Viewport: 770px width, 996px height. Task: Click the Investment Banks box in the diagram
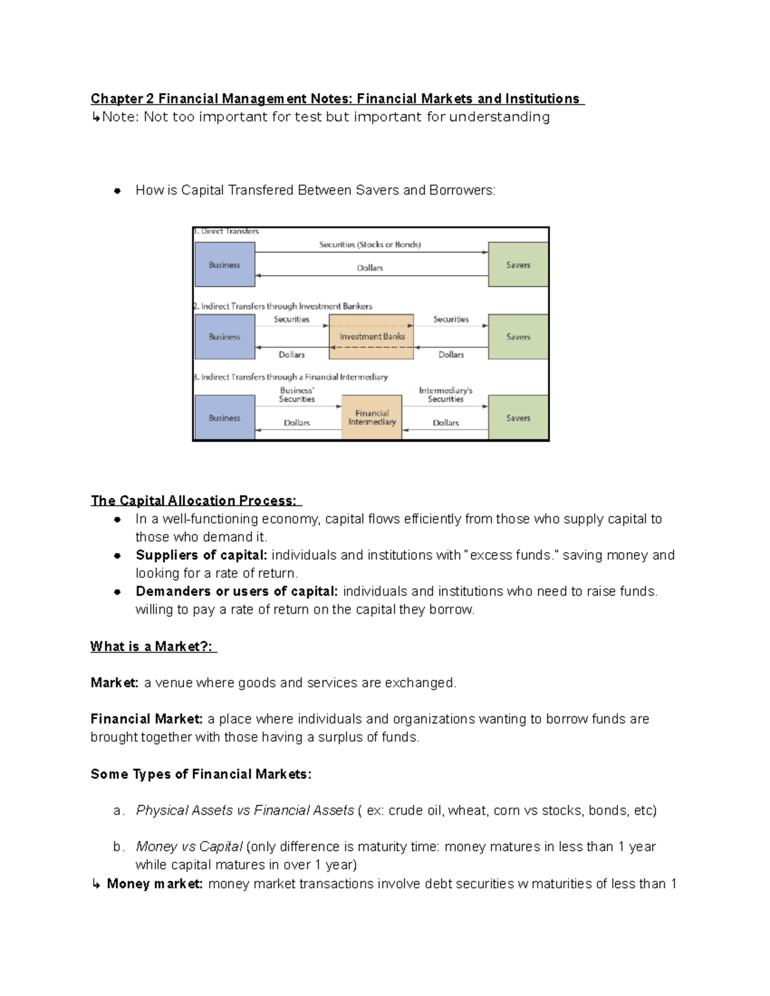pos(372,336)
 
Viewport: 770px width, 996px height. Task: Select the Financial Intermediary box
pos(372,418)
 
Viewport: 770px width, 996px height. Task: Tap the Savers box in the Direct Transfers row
pos(518,264)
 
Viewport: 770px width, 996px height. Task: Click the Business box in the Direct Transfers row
pos(225,264)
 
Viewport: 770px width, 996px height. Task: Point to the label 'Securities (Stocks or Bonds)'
pos(370,244)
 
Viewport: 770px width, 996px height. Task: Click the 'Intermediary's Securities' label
pos(445,394)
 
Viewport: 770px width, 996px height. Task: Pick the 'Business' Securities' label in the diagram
pos(296,394)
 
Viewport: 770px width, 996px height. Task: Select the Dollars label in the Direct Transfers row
pos(370,268)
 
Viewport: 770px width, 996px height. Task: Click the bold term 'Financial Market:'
pos(146,719)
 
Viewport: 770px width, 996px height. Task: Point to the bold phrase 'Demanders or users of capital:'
pos(236,591)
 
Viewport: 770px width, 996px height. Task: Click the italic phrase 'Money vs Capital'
pos(189,847)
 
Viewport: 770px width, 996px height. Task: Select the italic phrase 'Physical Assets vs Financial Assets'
pos(244,811)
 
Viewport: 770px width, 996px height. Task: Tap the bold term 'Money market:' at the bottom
pos(155,884)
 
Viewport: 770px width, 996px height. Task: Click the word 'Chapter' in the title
pos(117,99)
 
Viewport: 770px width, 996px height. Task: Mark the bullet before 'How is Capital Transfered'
pos(117,190)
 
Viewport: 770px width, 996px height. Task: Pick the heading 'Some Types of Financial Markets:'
pos(201,774)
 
